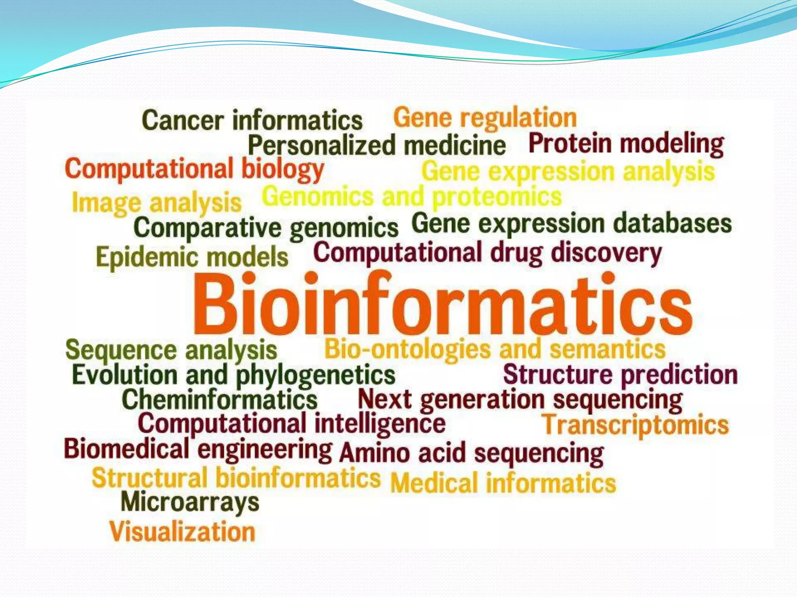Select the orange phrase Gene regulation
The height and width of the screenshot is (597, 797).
[x=485, y=117]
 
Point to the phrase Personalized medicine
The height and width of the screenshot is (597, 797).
[x=377, y=145]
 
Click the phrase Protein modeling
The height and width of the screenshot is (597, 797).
[x=626, y=144]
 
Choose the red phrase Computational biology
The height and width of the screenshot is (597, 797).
[x=195, y=169]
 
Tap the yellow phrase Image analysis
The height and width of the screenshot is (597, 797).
[x=156, y=203]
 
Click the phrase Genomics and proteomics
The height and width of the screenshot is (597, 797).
[x=412, y=197]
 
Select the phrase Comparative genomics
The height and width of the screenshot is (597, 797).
[x=266, y=228]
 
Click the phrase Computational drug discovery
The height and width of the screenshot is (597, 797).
[x=487, y=253]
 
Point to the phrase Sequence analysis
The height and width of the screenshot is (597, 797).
[x=171, y=350]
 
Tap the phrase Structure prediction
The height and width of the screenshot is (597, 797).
[x=620, y=375]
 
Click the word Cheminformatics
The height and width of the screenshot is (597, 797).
[x=219, y=400]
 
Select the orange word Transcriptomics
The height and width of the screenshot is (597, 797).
[x=635, y=425]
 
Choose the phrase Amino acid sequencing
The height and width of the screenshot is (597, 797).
[x=471, y=453]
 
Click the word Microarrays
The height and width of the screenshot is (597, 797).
[x=190, y=502]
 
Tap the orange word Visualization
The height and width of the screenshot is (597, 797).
[x=182, y=532]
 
